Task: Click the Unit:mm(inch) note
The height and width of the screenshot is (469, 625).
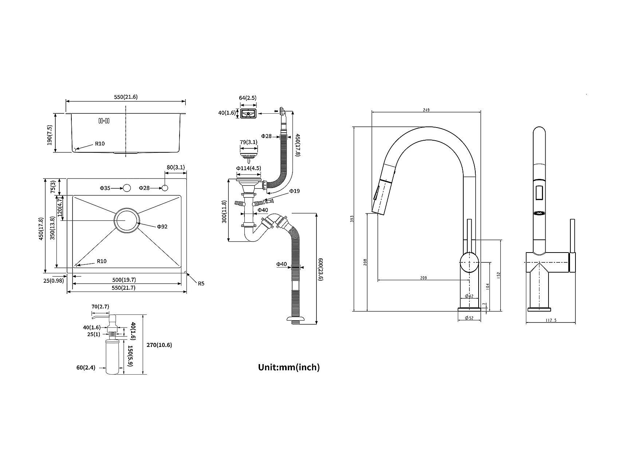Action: [289, 367]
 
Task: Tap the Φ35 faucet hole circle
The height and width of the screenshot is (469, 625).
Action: [127, 188]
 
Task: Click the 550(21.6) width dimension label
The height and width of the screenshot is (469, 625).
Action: [126, 97]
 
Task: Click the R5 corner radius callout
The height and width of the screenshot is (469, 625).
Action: [201, 283]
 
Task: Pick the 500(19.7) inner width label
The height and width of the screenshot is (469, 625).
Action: [124, 280]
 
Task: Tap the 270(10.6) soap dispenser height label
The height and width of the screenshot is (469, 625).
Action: [159, 345]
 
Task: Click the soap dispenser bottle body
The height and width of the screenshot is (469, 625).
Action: [112, 356]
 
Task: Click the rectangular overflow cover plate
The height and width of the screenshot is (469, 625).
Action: [248, 113]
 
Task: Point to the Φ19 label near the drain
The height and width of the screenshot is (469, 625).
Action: [294, 191]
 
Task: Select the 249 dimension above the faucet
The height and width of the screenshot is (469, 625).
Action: [427, 110]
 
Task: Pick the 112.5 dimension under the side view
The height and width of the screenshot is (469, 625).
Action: [551, 321]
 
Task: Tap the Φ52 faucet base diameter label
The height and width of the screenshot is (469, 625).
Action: [469, 318]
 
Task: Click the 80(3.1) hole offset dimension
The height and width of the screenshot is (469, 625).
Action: [176, 168]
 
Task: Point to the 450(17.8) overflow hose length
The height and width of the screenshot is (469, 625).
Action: [298, 145]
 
